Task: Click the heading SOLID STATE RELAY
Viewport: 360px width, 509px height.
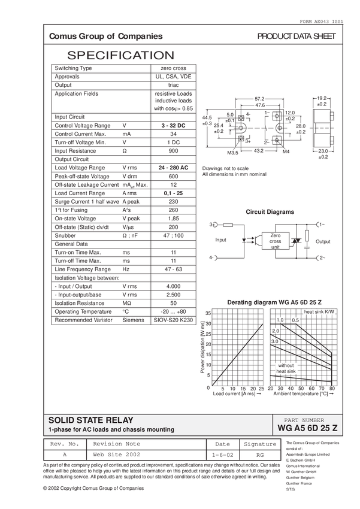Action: [x=91, y=420]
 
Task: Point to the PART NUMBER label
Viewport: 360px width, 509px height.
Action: [x=307, y=420]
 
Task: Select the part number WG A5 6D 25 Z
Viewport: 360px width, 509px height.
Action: [x=308, y=429]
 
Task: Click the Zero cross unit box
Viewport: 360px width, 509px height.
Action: [x=275, y=241]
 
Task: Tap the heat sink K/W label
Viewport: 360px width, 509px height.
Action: [x=318, y=313]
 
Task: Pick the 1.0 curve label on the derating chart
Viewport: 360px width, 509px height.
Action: [x=280, y=320]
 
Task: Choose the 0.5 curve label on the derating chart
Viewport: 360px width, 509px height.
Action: [x=295, y=320]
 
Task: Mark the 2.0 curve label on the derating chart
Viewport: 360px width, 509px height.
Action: [x=276, y=331]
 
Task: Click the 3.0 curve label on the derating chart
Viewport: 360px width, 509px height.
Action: [x=275, y=341]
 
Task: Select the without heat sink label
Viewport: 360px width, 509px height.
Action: [x=286, y=368]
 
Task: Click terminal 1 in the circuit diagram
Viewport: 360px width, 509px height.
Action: [x=320, y=224]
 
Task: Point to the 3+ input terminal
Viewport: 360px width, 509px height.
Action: [x=212, y=225]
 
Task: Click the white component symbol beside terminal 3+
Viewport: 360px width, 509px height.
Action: [x=228, y=225]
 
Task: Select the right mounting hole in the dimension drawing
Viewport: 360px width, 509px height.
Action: [x=281, y=128]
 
